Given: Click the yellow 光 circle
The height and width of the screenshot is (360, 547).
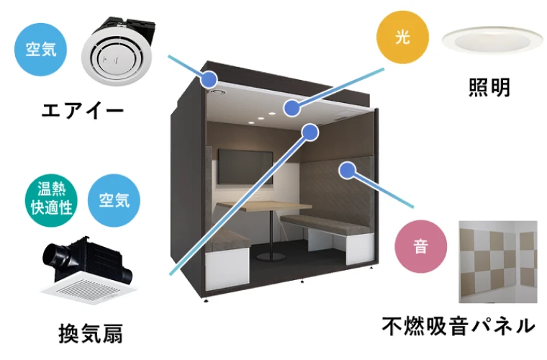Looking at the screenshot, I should coord(402,37).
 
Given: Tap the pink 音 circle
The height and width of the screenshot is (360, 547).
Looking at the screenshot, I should coord(420,247).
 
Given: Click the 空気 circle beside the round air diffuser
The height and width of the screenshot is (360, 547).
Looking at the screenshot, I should coord(41,50).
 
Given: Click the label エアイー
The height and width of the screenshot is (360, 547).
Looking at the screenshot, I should coord(83,111).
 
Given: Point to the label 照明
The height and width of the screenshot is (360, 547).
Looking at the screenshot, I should coord(489,89).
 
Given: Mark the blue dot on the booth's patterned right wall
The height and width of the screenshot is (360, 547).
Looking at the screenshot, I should coord(348,170).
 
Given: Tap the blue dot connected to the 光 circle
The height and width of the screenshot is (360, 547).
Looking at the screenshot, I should coord(291,109).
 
